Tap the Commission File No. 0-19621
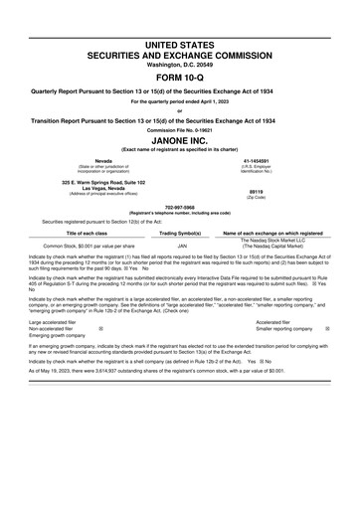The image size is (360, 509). point(180,129)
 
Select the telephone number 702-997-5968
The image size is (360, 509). point(180,208)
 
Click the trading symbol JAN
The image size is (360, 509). point(182,245)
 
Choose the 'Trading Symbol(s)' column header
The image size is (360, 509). point(182,232)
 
